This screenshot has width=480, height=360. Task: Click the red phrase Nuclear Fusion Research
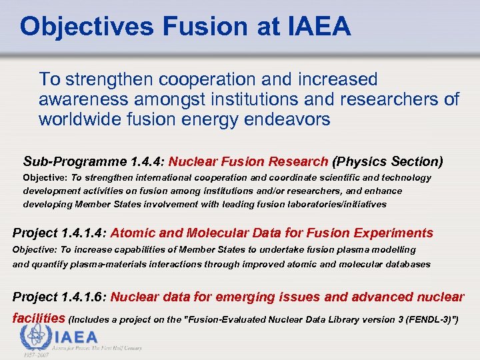[249, 161]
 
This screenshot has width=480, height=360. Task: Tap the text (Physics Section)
[387, 161]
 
